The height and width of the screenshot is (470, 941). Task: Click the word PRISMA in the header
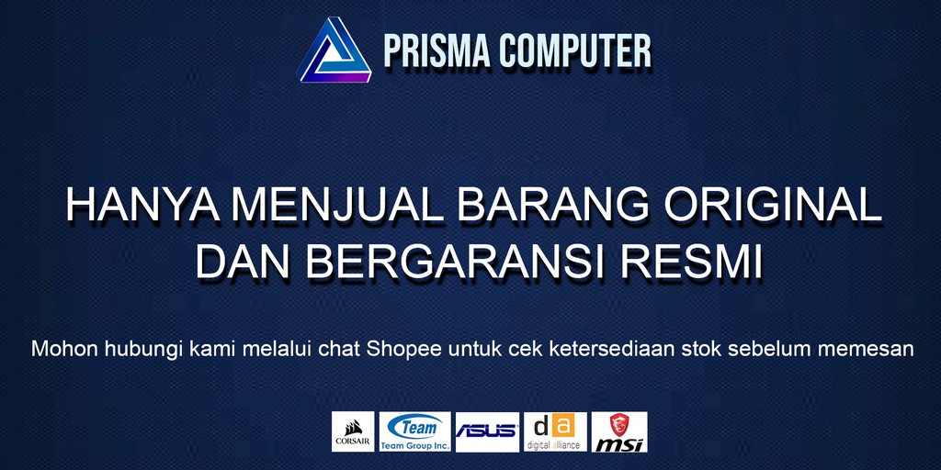[x=437, y=51]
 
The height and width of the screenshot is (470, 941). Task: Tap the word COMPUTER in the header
[x=575, y=51]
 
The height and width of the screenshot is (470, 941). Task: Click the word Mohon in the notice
[x=57, y=350]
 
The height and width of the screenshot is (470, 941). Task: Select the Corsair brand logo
[x=353, y=431]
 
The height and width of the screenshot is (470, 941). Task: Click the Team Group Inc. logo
[x=414, y=431]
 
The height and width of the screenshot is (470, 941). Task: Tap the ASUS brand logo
[x=487, y=431]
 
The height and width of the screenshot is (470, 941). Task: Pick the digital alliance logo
[x=555, y=431]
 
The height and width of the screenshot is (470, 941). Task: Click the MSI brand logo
[x=619, y=431]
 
